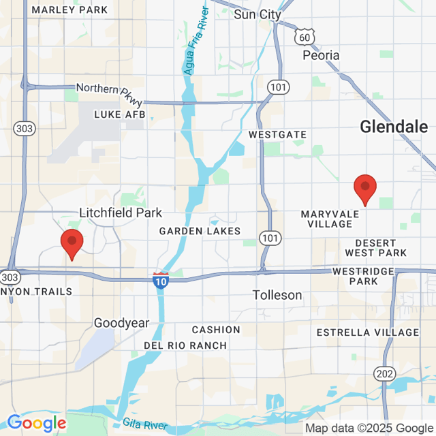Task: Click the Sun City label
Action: coord(258,14)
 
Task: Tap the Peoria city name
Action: coord(320,55)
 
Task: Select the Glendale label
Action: coord(394,127)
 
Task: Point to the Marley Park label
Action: coord(69,10)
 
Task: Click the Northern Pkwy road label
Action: coord(110,93)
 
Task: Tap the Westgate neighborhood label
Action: coord(277,135)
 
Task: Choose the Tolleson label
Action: coord(277,295)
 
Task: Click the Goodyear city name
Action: coord(121,323)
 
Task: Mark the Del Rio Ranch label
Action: coord(185,345)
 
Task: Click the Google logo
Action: coord(37,423)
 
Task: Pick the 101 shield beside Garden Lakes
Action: coord(270,238)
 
